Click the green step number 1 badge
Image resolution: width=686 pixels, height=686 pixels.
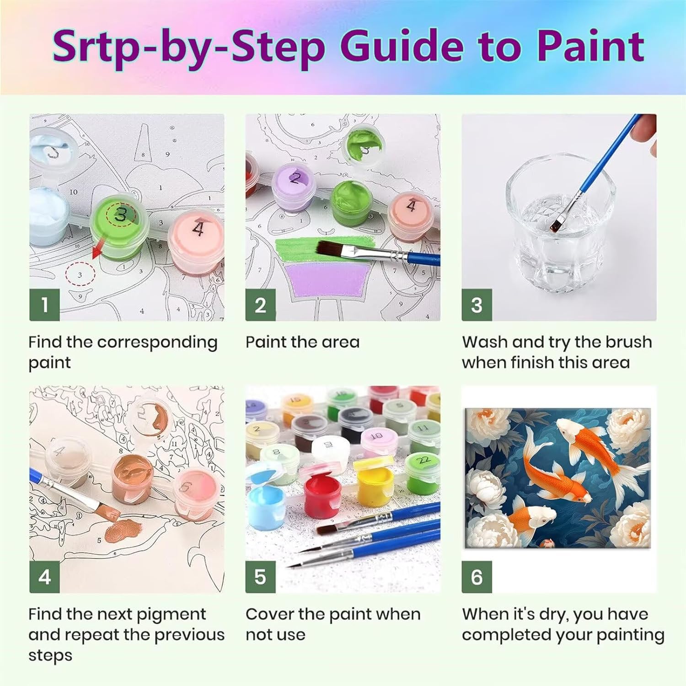coord(44,305)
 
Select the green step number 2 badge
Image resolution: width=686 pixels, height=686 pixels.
coord(260,305)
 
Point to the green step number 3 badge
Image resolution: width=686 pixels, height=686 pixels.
coord(477,305)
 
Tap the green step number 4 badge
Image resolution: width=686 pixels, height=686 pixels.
coord(44,577)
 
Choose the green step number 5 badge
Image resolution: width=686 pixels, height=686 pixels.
coord(260,577)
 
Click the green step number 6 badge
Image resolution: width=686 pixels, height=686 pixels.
coord(477,577)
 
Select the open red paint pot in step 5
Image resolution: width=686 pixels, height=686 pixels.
coord(322,494)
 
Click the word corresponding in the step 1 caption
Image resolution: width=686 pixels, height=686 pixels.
coord(157,343)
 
